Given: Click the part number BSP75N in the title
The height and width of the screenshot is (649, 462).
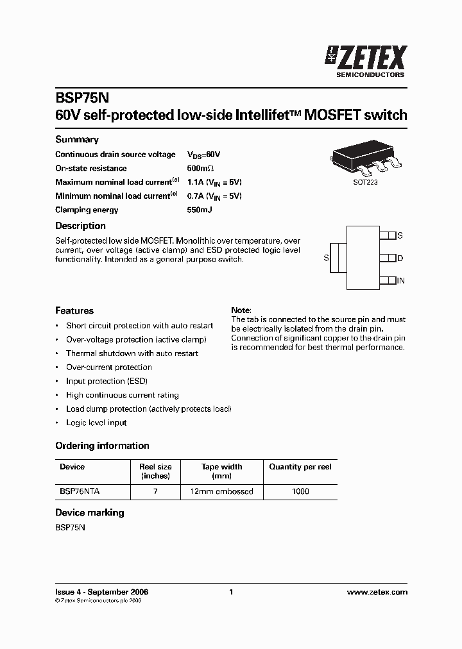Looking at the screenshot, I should (x=83, y=97).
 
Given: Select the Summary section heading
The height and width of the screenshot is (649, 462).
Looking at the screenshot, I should (x=77, y=140).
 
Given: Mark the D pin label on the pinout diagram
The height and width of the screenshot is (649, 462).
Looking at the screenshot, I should (x=400, y=258).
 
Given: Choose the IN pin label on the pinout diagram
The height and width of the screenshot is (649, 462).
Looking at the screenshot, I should (x=400, y=281).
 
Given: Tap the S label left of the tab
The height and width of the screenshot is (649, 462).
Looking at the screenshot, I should (x=326, y=258).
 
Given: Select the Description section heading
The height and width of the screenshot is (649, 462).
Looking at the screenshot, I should (x=80, y=226).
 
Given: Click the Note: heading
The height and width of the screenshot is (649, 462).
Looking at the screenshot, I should (x=241, y=310).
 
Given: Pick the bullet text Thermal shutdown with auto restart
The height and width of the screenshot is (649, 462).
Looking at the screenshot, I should (x=132, y=353).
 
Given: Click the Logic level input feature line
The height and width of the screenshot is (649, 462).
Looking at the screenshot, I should (x=96, y=423).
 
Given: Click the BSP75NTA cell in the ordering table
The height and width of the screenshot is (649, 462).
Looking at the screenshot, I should (x=80, y=491).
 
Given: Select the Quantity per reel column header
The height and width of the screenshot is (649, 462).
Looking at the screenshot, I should (x=300, y=467).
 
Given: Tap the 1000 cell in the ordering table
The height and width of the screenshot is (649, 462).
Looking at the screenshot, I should (x=300, y=491).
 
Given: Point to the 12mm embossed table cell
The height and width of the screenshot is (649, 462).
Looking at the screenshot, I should (x=221, y=491).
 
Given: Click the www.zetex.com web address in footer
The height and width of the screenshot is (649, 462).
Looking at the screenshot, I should (x=377, y=593).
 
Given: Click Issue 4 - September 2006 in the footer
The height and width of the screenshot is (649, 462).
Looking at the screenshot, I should (x=102, y=593).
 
